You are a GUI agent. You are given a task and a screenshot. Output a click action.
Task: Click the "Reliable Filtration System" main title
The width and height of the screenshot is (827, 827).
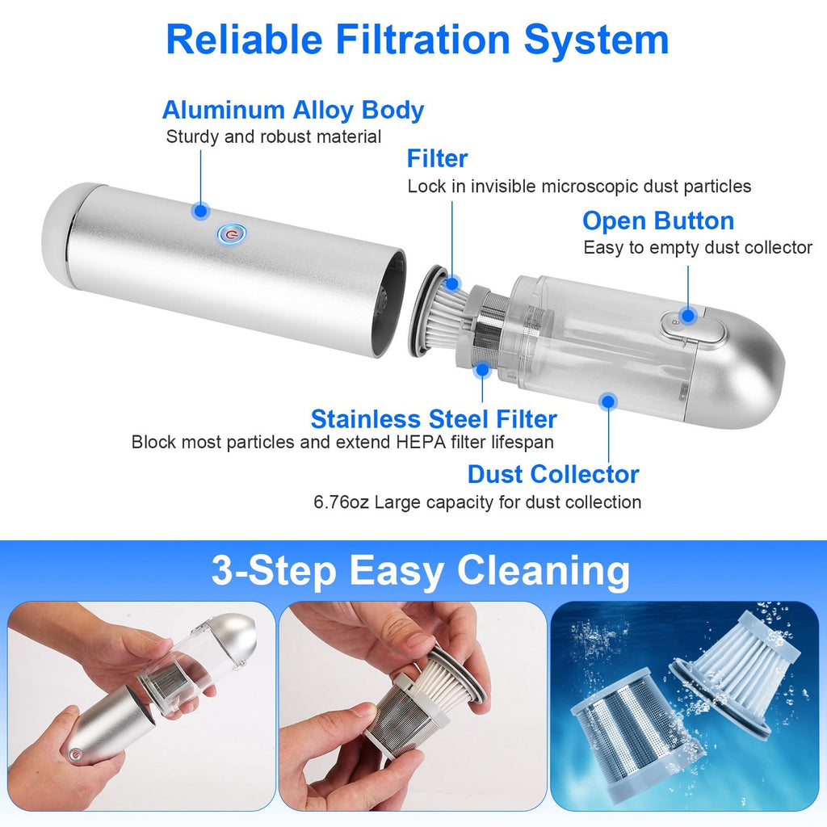(x=418, y=40)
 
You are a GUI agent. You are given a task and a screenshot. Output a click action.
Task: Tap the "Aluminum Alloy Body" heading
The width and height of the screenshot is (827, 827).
(x=292, y=110)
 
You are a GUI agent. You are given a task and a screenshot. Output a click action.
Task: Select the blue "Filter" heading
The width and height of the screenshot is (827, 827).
(x=437, y=158)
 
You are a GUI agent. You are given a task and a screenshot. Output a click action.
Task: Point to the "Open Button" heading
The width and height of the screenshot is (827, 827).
(x=658, y=221)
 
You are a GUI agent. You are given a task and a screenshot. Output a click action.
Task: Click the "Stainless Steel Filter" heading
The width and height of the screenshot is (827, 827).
(x=434, y=419)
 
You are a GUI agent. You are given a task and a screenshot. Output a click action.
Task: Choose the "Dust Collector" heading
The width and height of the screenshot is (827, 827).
(x=553, y=474)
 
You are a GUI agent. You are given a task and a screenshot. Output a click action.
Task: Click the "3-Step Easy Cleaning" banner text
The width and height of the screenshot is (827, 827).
(x=420, y=571)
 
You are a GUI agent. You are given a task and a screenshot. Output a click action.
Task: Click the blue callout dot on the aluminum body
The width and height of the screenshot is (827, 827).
(x=200, y=211)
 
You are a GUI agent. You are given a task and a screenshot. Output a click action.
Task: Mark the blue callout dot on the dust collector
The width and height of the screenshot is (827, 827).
(x=609, y=402)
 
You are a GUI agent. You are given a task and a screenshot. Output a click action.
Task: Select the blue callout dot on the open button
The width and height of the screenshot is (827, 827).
(x=688, y=316)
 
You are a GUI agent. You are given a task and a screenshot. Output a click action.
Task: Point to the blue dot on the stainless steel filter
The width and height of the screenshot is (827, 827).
(x=481, y=370)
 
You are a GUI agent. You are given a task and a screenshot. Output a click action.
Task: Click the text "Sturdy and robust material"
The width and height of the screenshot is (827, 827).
(x=273, y=137)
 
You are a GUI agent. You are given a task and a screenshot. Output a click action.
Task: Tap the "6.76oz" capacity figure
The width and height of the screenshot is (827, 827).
(x=341, y=502)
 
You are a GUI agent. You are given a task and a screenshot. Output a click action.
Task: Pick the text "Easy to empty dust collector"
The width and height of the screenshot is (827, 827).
(x=697, y=248)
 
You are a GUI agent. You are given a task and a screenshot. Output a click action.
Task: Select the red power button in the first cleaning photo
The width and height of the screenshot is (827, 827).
(x=76, y=754)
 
